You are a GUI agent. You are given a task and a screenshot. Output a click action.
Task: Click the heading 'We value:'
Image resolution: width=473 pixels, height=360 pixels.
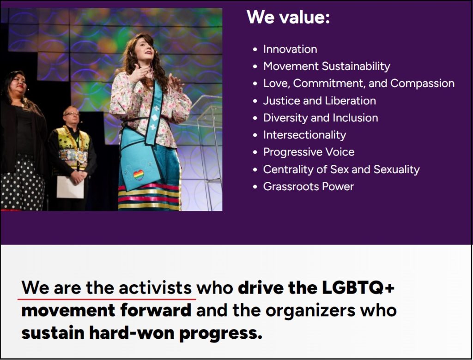[288, 17]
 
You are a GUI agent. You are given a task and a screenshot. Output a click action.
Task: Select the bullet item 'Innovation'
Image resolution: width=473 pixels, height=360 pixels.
[290, 49]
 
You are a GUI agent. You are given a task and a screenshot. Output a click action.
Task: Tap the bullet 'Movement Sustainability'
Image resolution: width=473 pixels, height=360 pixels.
[327, 66]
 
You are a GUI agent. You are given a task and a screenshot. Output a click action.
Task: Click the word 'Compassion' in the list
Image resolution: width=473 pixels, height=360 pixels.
[422, 84]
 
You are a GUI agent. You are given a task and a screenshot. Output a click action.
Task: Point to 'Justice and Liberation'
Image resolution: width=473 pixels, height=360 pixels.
[320, 101]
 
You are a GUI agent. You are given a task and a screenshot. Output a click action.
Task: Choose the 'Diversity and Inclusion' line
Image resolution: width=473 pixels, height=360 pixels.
[321, 118]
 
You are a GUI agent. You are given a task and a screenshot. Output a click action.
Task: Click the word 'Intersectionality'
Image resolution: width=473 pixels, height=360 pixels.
[304, 135]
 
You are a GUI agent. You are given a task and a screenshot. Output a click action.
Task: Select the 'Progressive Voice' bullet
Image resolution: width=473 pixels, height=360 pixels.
[309, 152]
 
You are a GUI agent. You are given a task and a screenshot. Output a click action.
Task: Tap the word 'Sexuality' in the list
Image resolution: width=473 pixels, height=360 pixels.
[396, 169]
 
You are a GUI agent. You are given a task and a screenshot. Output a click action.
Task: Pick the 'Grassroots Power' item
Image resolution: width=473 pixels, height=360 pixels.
[308, 186]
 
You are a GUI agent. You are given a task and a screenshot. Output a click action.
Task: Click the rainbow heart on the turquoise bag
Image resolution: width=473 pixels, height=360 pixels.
[139, 175]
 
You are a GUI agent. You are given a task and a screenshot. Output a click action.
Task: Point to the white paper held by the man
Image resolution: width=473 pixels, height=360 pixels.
[70, 187]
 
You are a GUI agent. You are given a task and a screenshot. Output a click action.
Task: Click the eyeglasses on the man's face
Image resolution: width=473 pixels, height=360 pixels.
[72, 114]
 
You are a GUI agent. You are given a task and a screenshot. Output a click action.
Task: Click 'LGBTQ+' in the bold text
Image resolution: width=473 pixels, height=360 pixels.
[358, 288]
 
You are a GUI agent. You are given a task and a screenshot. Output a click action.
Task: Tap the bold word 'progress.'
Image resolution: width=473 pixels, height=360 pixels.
[220, 334]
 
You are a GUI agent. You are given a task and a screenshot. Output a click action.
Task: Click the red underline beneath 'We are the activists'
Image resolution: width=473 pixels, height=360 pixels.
[107, 299]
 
